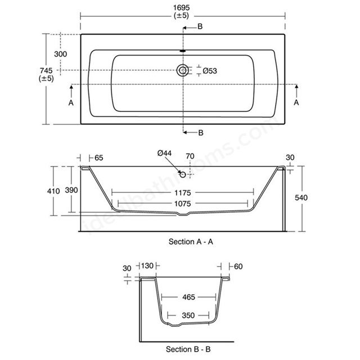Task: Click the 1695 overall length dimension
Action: (181, 8)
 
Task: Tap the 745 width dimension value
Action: (46, 70)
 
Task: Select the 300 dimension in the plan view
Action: (61, 54)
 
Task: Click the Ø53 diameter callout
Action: (210, 71)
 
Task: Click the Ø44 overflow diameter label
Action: (164, 153)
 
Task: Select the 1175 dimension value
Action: (182, 192)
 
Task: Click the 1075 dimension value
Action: (182, 204)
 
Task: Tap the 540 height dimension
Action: (301, 197)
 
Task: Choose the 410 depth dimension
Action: (53, 191)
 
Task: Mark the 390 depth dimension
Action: (71, 190)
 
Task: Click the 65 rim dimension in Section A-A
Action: (99, 157)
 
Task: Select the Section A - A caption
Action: (191, 241)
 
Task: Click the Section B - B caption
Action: (188, 349)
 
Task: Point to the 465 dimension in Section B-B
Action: (189, 297)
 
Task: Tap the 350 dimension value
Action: (188, 316)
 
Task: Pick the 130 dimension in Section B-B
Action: (147, 266)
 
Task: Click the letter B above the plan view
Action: (200, 26)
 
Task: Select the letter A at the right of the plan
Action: (296, 102)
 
